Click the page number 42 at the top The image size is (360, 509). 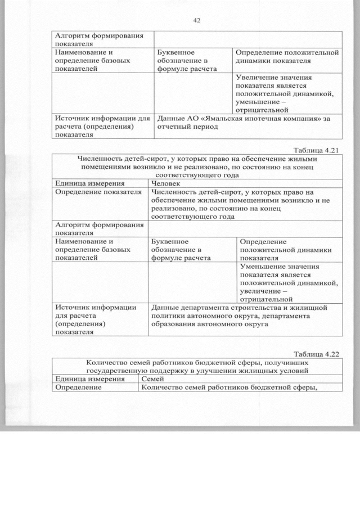(197, 21)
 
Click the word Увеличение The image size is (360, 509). (259, 77)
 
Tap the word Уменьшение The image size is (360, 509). (264, 267)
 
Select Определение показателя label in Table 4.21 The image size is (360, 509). (97, 192)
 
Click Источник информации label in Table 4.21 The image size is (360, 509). (95, 308)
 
